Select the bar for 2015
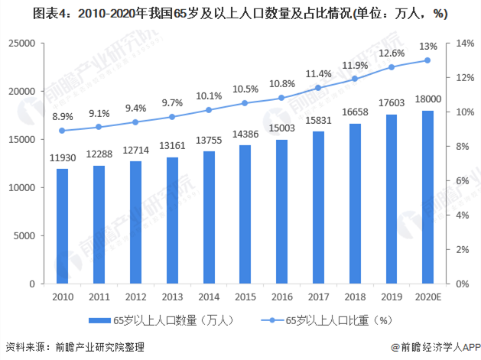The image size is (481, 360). pos(246,214)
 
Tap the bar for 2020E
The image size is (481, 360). pos(427,197)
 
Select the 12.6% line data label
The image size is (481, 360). pos(392,54)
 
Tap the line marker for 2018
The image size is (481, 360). pos(354,79)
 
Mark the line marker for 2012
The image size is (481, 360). pos(135,122)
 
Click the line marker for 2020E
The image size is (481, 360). pos(427,60)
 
